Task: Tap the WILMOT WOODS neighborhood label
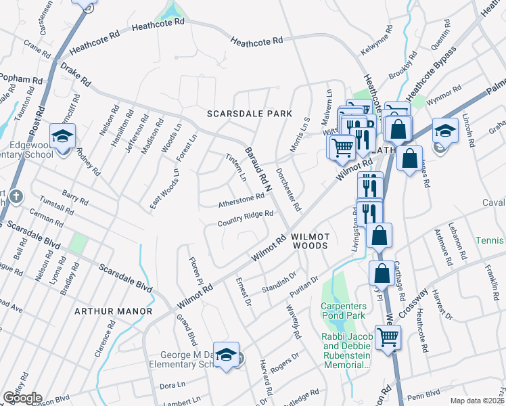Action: click(310, 242)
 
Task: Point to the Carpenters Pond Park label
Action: click(343, 311)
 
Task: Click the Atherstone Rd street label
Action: click(241, 199)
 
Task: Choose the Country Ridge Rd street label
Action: click(245, 218)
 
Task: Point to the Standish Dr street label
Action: click(280, 280)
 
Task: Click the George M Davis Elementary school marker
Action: click(229, 356)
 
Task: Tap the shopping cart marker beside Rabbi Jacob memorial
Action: click(388, 336)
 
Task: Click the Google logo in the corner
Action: click(22, 397)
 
